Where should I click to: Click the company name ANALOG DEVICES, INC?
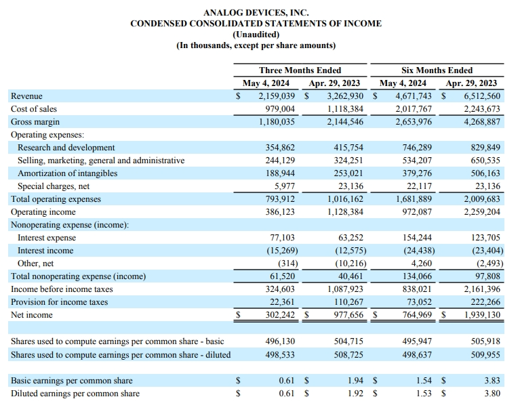point(256,12)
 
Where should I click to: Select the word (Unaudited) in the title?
point(256,34)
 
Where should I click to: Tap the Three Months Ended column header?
point(300,70)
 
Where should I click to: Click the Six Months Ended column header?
point(437,70)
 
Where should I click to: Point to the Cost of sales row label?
point(34,109)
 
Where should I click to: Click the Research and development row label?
point(66,148)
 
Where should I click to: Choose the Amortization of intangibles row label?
point(67,173)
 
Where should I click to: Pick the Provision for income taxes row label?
point(59,302)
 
